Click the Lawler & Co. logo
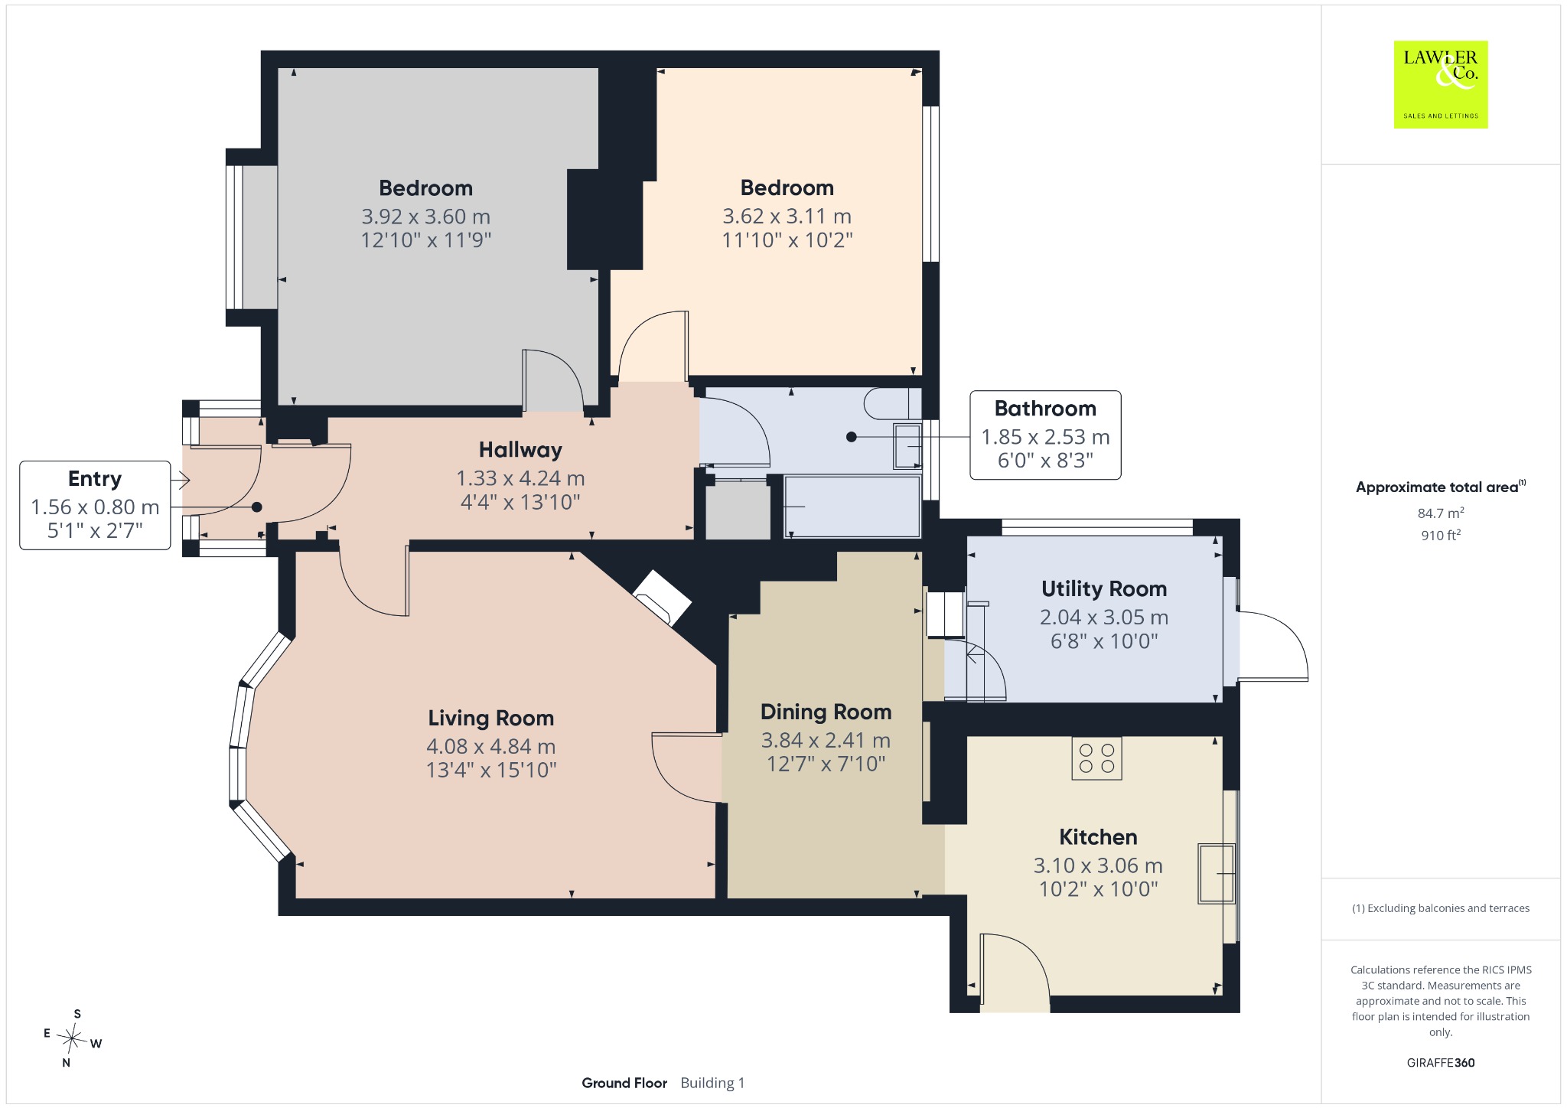[x=1440, y=84]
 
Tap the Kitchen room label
[x=1098, y=837]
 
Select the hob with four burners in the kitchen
[x=1096, y=758]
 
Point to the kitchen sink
[x=1217, y=874]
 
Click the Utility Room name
[x=1104, y=588]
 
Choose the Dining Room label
[x=826, y=712]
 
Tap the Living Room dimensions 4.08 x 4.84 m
[x=491, y=746]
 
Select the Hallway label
[x=520, y=450]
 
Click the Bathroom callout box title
[x=1045, y=409]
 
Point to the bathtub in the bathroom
[x=852, y=507]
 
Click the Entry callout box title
[x=95, y=479]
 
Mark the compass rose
[x=73, y=1038]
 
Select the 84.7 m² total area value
[x=1441, y=513]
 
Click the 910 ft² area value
[x=1441, y=536]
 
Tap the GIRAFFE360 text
[x=1441, y=1063]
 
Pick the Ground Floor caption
[x=624, y=1083]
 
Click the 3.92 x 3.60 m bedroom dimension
[x=426, y=217]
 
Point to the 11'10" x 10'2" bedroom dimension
[x=787, y=240]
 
